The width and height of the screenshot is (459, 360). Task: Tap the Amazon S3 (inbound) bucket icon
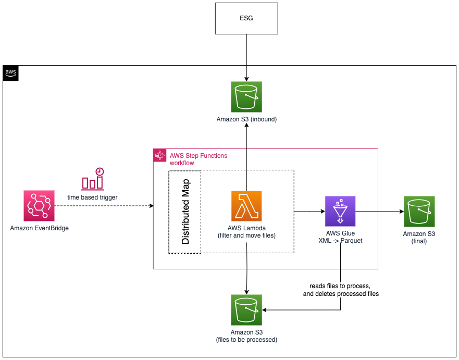pos(246,97)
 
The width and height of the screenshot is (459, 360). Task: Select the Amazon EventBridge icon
pos(39,206)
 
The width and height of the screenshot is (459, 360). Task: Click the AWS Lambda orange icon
pos(246,206)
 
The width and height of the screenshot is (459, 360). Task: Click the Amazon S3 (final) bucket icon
pos(419,212)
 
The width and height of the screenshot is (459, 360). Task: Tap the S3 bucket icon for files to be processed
pos(246,310)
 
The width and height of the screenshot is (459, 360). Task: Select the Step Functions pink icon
pos(159,155)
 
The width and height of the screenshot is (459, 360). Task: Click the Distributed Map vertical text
pos(185,212)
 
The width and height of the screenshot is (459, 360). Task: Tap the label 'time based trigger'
pos(92,197)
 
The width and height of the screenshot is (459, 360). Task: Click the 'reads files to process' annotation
pos(340,287)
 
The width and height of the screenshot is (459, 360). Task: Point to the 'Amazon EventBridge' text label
pos(39,228)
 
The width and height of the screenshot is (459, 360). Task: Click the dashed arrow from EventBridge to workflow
pos(104,206)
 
